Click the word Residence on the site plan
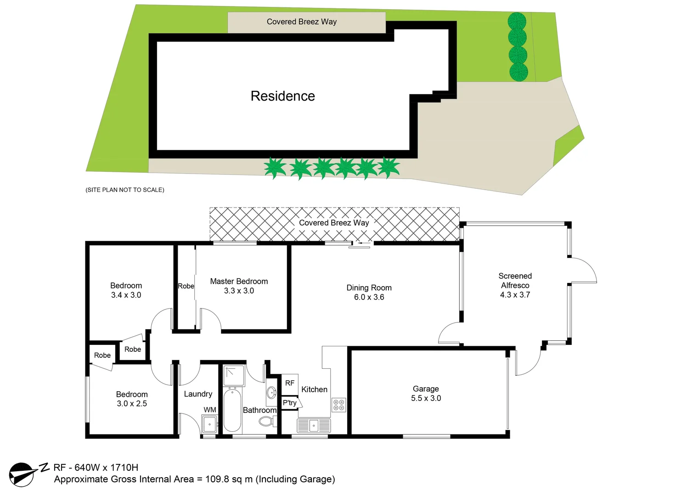point(282,96)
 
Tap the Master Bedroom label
point(239,282)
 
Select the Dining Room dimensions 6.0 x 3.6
point(369,297)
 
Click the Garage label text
point(426,389)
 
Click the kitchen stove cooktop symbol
point(338,405)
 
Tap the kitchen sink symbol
point(314,426)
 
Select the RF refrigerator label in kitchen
point(289,383)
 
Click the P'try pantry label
point(290,403)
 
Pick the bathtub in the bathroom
point(232,410)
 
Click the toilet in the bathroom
point(267,421)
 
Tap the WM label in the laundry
point(210,410)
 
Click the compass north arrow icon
point(23,474)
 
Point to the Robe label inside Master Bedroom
point(186,286)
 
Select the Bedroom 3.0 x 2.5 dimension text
point(132,404)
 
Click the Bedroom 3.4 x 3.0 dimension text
point(126,295)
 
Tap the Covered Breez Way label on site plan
point(301,22)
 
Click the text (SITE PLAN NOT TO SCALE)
point(125,190)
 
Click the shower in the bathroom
point(234,376)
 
